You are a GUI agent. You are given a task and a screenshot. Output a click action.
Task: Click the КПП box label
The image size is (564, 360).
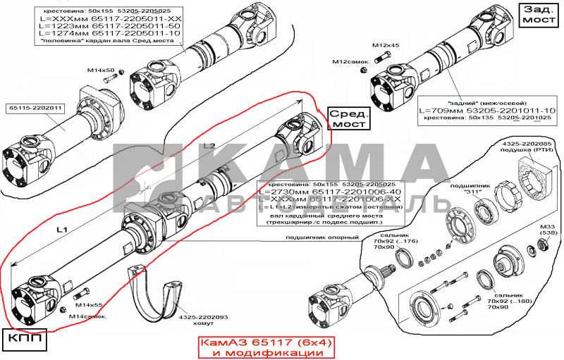click(x=25, y=340)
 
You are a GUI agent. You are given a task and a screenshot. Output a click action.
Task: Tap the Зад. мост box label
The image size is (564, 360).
click(x=539, y=15)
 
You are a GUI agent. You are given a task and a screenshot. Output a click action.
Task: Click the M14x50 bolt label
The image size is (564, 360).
click(x=102, y=70)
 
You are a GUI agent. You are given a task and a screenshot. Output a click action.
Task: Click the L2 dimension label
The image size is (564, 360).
click(x=209, y=145)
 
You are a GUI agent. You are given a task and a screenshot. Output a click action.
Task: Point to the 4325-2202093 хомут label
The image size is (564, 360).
click(x=202, y=321)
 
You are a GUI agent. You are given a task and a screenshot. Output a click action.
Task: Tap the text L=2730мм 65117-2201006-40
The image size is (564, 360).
click(x=330, y=192)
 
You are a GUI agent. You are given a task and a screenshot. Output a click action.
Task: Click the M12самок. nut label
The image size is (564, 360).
click(x=352, y=63)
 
